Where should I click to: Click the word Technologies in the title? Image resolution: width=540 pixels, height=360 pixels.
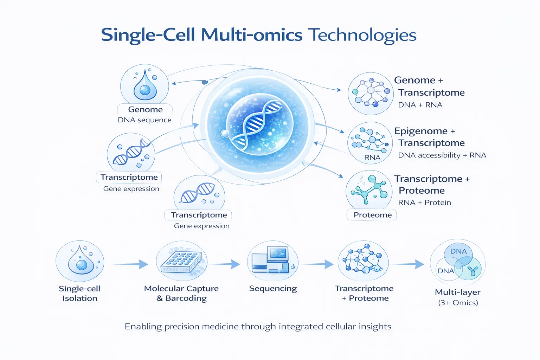(362, 35)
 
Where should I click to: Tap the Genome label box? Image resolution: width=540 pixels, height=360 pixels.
(145, 110)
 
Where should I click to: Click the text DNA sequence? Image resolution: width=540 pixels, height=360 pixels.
(144, 120)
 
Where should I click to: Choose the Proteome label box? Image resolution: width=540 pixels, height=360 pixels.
(372, 215)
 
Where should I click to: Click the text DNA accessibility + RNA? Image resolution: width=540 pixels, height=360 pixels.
(442, 155)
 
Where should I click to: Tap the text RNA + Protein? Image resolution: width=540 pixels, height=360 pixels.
(424, 202)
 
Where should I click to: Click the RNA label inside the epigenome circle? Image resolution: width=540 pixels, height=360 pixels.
(372, 157)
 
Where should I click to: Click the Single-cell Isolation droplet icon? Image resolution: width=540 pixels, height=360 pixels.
(80, 261)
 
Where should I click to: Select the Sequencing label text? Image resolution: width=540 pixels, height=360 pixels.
(273, 289)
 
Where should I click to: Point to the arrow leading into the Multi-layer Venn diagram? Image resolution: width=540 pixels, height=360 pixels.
(408, 264)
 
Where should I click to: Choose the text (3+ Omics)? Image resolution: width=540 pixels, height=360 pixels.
(458, 303)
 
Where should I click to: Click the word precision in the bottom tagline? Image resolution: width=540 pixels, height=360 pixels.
(185, 327)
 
